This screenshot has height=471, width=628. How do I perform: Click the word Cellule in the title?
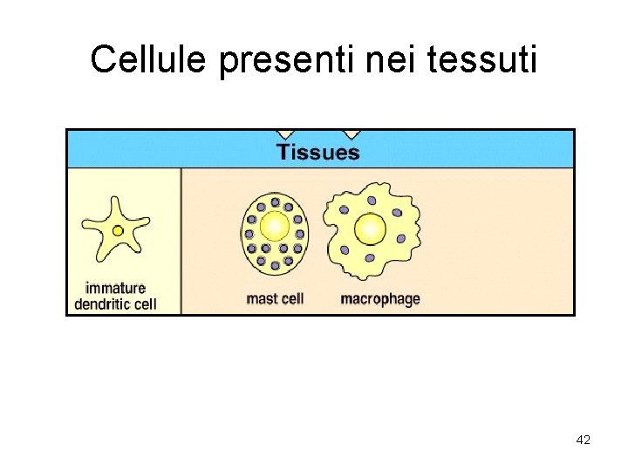[x=150, y=59]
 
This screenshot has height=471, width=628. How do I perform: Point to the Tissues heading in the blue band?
[x=317, y=153]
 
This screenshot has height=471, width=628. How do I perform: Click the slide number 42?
[x=584, y=440]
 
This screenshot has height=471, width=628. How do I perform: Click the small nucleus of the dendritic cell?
[x=118, y=231]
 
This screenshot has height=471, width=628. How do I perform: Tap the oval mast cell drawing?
[x=275, y=230]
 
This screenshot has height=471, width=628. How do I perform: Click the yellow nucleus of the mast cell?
[x=275, y=226]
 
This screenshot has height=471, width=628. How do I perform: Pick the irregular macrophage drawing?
[x=372, y=230]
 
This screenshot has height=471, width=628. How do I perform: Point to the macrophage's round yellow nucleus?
[x=371, y=229]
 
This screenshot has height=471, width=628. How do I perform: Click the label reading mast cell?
[x=275, y=299]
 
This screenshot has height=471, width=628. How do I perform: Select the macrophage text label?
[x=379, y=299]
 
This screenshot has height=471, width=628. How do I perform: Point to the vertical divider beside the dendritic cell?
[x=181, y=240]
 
